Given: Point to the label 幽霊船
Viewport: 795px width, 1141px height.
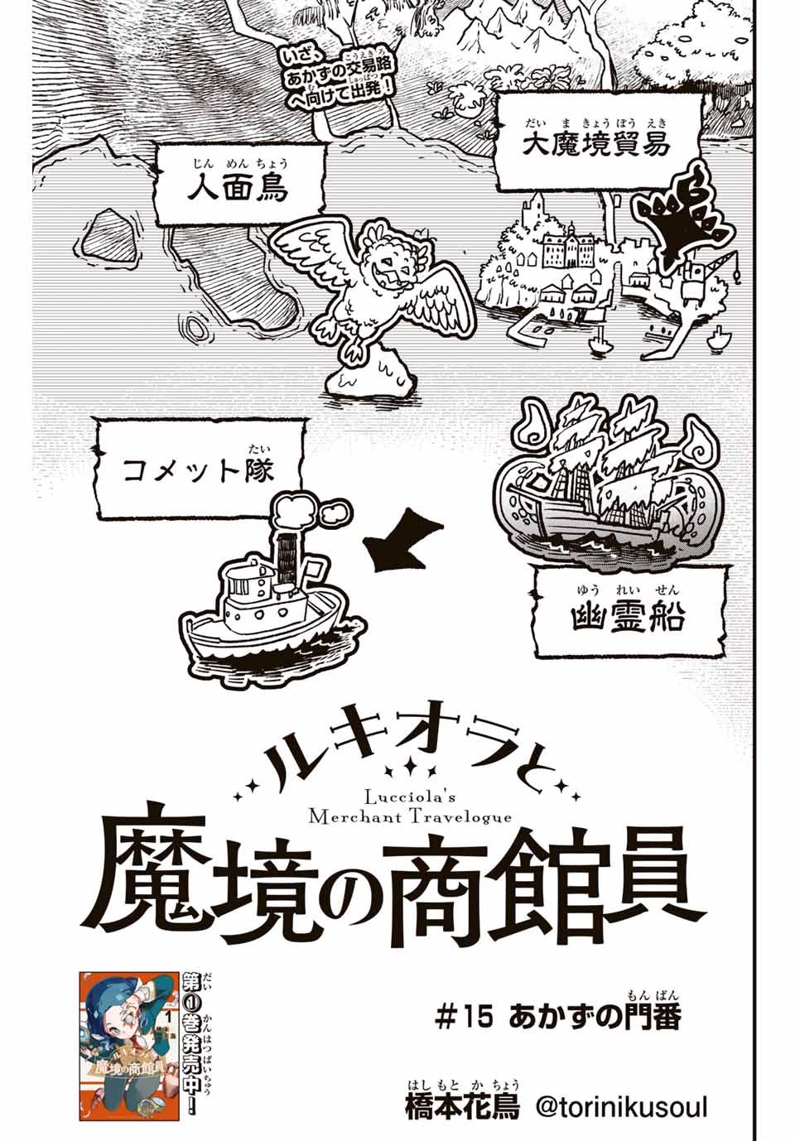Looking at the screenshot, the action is click(x=627, y=619).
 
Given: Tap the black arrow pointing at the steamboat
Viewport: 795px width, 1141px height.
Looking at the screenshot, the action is click(x=402, y=540).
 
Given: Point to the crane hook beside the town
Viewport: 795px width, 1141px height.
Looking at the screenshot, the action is click(x=735, y=275).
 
